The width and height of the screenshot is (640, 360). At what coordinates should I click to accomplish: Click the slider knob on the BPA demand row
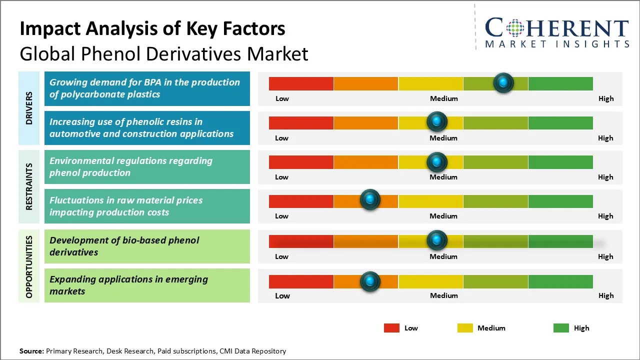point(503,82)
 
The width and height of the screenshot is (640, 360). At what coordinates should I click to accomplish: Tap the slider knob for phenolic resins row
point(437,121)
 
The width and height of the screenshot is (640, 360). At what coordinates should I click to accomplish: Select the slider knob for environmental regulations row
point(437,161)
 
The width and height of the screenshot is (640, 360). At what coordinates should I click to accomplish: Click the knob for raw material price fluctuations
point(370,200)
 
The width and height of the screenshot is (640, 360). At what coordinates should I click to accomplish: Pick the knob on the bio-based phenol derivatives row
point(437,240)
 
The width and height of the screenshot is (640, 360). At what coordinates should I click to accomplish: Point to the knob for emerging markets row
point(370,281)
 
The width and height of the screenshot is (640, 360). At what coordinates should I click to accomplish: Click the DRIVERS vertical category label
point(29,108)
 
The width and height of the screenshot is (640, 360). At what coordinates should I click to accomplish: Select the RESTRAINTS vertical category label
point(29,186)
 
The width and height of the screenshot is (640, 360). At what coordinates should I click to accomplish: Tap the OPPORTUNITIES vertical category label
point(29,266)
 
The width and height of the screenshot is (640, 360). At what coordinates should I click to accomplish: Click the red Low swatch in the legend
point(391,328)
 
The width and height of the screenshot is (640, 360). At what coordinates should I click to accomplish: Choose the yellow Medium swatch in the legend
point(465,328)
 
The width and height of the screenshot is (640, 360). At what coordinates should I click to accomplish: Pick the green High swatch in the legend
point(561,328)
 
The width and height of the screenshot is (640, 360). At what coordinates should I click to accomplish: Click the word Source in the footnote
point(31,351)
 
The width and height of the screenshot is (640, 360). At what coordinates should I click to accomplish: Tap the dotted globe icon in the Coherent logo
point(514,28)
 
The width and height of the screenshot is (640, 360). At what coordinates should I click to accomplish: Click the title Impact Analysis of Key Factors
point(152,29)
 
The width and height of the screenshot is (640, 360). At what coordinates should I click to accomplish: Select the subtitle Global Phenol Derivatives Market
point(164,54)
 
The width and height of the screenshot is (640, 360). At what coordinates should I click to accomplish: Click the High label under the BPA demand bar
point(606,98)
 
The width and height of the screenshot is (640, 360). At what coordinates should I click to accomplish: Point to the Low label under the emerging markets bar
point(282,295)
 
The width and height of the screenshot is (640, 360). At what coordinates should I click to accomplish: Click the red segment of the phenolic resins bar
point(301,122)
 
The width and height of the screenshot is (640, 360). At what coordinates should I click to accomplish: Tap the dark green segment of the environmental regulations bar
point(560,162)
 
